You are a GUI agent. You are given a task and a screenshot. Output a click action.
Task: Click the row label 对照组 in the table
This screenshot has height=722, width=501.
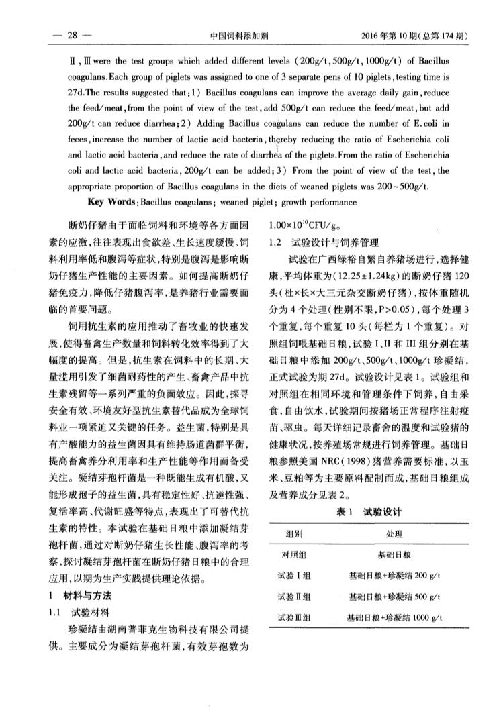tap(293, 556)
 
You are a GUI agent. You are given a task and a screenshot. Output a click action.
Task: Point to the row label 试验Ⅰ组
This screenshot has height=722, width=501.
tap(293, 576)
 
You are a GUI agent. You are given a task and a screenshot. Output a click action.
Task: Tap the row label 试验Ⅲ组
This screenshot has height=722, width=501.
tap(293, 617)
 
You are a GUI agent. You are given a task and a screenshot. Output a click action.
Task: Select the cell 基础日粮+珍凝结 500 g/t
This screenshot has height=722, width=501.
tap(394, 597)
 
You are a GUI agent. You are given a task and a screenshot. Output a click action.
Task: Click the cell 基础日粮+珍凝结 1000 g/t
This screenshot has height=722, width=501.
tap(394, 617)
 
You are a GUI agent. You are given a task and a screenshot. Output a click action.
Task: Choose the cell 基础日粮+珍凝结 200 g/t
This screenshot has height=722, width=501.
tap(394, 576)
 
